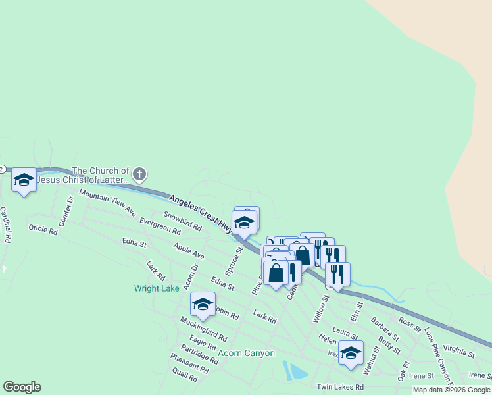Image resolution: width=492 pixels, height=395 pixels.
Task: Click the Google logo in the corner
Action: (x=22, y=387)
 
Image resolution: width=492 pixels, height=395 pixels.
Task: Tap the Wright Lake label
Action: (x=157, y=288)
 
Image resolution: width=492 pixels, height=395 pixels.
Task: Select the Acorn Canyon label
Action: (x=246, y=354)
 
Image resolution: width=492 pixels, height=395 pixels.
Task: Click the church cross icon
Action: (x=139, y=174)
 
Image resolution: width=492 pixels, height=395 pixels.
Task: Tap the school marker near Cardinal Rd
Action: (x=24, y=180)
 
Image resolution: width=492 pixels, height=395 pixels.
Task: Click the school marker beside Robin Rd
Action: (x=203, y=304)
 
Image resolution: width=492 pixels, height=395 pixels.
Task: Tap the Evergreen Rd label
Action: (x=160, y=226)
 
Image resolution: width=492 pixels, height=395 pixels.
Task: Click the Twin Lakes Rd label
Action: (x=339, y=387)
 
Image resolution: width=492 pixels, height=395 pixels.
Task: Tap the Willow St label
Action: (x=320, y=309)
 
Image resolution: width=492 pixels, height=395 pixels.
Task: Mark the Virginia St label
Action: (x=458, y=350)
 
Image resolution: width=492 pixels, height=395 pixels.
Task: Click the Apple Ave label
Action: (x=189, y=250)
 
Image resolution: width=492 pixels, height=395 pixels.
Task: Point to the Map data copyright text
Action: (x=451, y=390)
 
